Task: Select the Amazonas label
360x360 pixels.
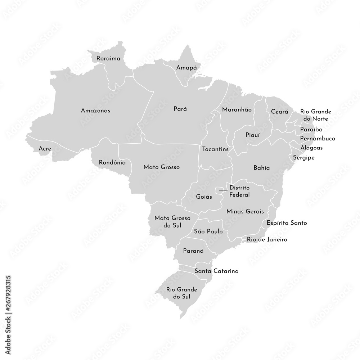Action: click(x=95, y=111)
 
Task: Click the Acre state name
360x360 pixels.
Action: click(x=45, y=148)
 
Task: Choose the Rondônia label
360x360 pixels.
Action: click(x=112, y=162)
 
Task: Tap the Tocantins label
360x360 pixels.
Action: click(x=215, y=149)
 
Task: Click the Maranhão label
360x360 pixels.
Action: click(x=237, y=109)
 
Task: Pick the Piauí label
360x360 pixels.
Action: click(x=252, y=135)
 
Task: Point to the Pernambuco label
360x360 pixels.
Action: click(x=318, y=138)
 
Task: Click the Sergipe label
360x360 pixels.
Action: click(x=303, y=157)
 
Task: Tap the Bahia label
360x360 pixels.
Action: click(x=261, y=168)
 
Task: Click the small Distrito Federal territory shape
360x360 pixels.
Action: click(x=217, y=190)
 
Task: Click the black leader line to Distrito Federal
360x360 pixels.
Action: click(x=223, y=190)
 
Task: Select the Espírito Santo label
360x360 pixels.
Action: click(x=287, y=223)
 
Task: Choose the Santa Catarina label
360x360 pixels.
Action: click(x=216, y=271)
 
